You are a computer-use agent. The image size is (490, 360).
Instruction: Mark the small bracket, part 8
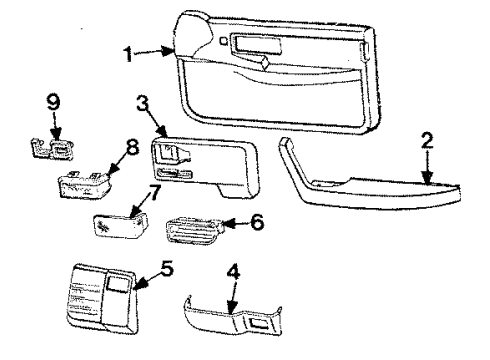(x=82, y=182)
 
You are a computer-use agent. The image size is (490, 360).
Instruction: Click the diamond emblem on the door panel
(x=261, y=62)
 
